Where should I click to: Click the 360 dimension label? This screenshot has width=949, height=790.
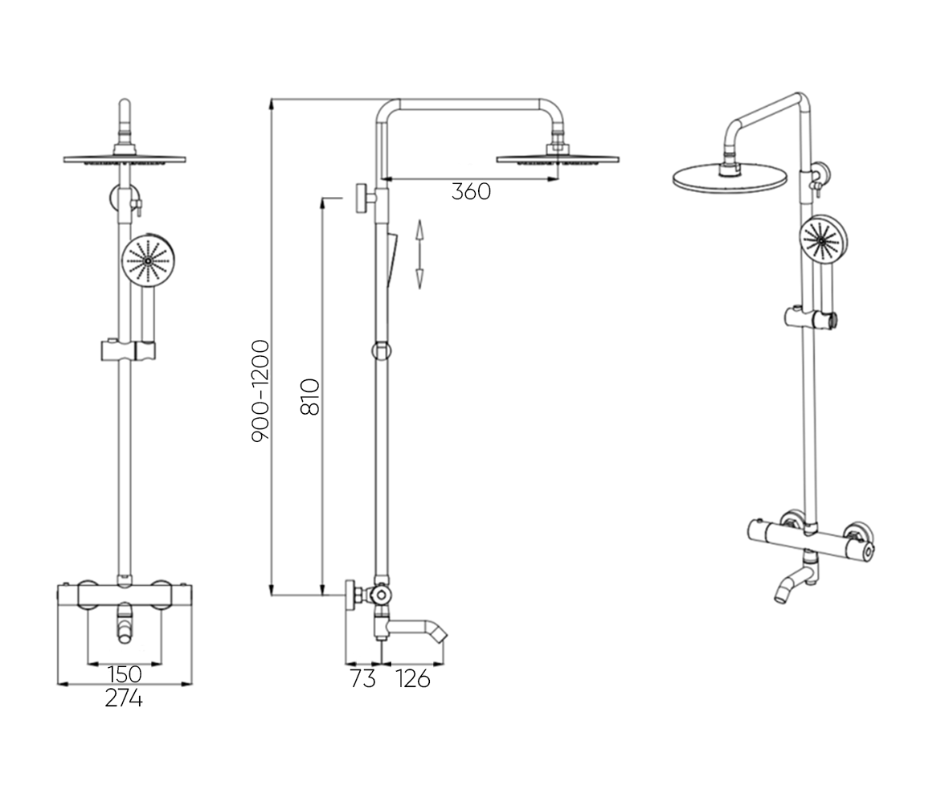coord(471,192)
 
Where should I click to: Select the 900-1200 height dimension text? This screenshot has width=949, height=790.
coord(261,391)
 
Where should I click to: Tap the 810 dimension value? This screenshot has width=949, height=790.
coord(310,396)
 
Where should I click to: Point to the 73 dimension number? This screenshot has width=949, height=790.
coord(362,679)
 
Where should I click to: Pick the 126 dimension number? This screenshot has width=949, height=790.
coord(413,679)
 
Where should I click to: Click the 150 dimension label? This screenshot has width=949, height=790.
coord(125,674)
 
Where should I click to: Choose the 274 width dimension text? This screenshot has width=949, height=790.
coord(124,698)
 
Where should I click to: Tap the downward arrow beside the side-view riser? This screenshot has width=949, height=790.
coord(419,271)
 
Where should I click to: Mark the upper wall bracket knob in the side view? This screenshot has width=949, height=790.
coord(362,198)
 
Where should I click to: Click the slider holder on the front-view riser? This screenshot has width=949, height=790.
coord(129,350)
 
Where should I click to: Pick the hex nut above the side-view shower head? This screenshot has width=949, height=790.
coord(558,149)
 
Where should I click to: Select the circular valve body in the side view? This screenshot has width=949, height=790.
coord(380,595)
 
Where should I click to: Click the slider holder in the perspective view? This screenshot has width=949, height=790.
coord(811,318)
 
